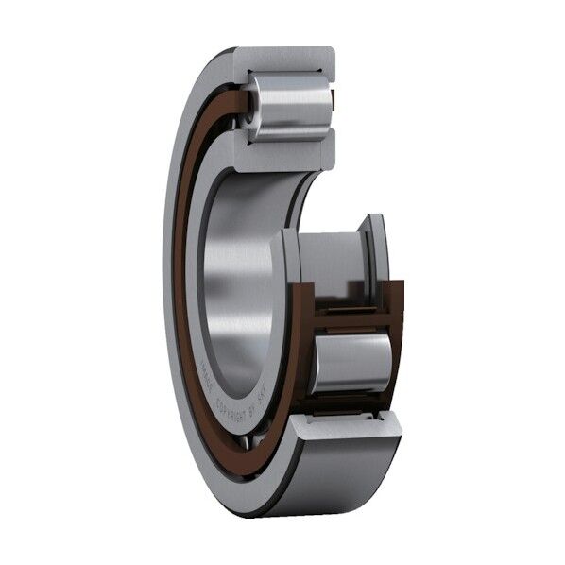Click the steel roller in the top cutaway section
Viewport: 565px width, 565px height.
click(x=288, y=107)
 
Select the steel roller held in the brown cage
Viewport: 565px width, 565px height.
click(x=351, y=362)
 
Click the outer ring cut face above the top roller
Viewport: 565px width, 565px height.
click(x=283, y=60)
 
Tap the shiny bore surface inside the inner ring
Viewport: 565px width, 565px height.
click(x=231, y=283)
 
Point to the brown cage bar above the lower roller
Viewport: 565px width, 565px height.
click(x=354, y=318)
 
